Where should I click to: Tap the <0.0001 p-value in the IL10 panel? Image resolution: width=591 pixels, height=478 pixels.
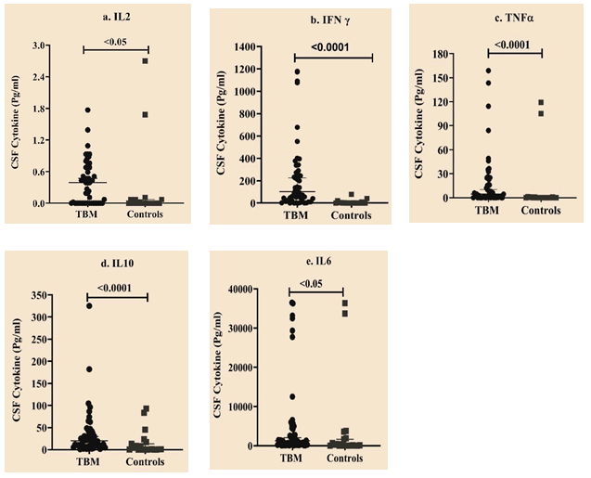click(x=115, y=287)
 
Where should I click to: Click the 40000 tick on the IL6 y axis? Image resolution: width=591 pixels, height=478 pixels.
click(x=242, y=290)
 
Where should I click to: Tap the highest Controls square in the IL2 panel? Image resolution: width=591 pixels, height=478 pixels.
click(x=145, y=61)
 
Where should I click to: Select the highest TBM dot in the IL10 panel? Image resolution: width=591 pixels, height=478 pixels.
click(x=90, y=306)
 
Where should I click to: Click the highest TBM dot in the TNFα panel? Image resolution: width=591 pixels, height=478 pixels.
click(x=487, y=71)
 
